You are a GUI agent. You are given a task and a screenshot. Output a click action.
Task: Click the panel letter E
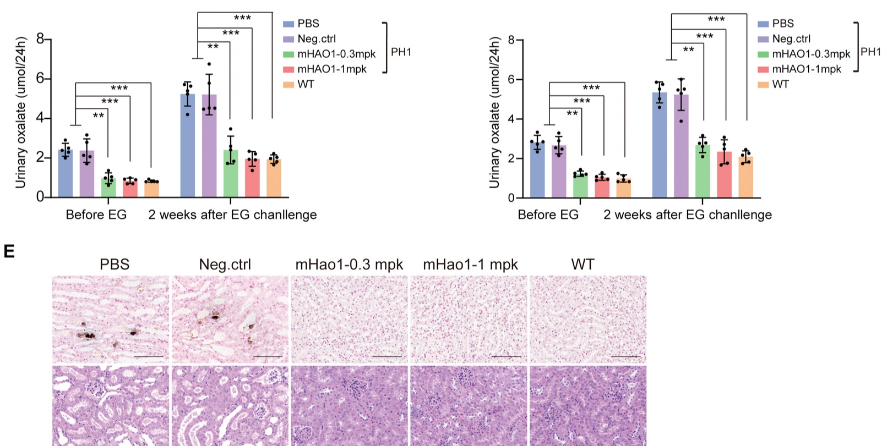(9, 252)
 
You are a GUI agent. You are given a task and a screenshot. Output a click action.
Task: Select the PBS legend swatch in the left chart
(288, 24)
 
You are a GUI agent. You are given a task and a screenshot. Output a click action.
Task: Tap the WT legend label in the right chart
(780, 84)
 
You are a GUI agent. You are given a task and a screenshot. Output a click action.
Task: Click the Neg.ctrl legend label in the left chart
(317, 39)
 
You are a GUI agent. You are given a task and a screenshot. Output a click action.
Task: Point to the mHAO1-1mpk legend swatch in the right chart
(763, 69)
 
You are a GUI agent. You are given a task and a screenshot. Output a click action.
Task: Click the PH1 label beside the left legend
(401, 52)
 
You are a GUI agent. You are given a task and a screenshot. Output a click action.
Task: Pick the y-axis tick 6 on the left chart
(40, 79)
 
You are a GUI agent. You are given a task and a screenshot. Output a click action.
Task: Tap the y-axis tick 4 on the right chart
(511, 119)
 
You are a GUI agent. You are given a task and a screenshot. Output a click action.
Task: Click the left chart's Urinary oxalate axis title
(21, 113)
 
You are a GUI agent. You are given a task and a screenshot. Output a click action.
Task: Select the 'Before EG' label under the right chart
(548, 214)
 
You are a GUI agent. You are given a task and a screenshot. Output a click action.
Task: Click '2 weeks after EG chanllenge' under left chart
(232, 214)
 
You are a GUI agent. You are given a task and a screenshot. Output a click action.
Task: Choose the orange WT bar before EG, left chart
(151, 189)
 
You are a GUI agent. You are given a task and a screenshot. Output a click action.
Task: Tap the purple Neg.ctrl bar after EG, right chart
(681, 146)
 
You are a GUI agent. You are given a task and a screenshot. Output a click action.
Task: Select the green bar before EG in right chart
(580, 186)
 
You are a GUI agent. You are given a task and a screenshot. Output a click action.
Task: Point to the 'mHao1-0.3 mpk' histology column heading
(349, 265)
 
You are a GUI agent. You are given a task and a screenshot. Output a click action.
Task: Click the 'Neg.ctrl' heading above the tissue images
(225, 265)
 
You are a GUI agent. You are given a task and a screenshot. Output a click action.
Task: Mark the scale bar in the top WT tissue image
(625, 356)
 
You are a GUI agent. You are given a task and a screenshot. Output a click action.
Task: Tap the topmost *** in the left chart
(242, 18)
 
